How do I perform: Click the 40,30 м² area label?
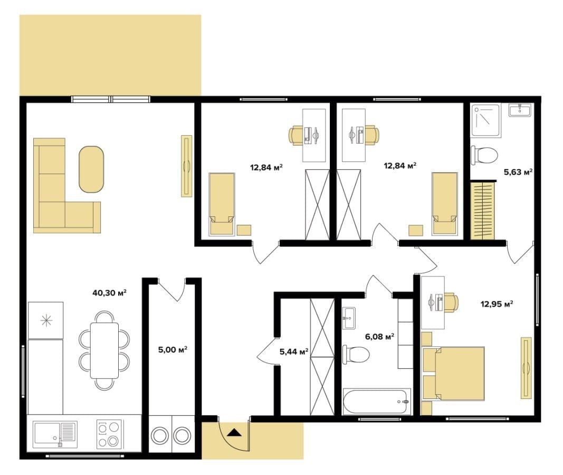point(110,293)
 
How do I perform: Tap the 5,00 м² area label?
point(173,349)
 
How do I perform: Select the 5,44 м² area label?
point(294,351)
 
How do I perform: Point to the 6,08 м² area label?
point(379,336)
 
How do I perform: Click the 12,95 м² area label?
point(497,304)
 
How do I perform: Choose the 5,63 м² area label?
point(518,172)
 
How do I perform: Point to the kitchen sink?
point(55,434)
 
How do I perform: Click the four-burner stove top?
point(109,434)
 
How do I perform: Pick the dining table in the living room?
point(104,350)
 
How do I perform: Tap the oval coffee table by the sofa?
point(91,169)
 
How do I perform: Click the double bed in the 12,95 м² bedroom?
point(453,373)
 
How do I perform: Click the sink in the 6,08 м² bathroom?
point(349,318)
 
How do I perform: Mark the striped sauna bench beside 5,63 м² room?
point(483,211)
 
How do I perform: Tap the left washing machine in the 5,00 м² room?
point(159,436)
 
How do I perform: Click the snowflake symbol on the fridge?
point(46,320)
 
